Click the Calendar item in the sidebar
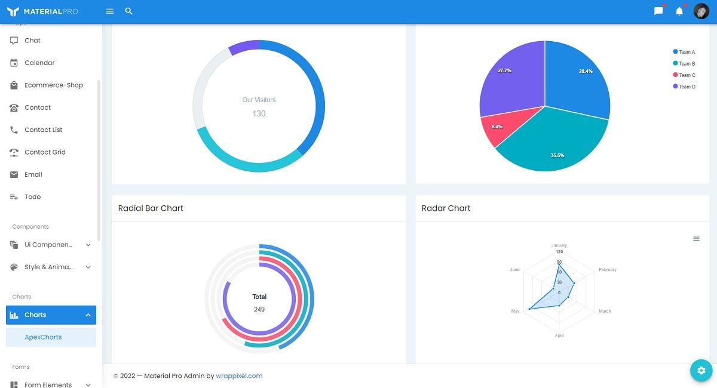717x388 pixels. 39,63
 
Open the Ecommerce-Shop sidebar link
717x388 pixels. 53,85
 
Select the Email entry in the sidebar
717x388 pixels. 33,174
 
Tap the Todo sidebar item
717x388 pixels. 32,197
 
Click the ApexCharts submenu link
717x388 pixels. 43,337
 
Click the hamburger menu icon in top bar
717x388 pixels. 109,11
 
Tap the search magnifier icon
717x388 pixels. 129,11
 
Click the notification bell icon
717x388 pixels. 679,11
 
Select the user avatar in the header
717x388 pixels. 701,11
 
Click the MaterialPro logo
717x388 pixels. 42,11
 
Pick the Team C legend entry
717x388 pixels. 687,75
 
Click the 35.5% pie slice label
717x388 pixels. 557,155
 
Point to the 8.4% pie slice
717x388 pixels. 497,127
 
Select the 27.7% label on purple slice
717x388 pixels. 504,70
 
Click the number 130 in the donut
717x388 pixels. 259,113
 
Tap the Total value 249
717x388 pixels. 259,310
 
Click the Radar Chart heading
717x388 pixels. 446,208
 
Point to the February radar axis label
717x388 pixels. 607,270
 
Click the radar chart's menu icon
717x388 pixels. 696,239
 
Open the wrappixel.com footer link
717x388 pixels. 239,376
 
